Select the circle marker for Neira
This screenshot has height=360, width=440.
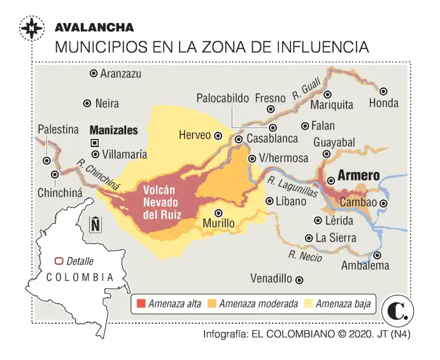point(87,103)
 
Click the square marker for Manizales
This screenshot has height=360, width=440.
point(95,143)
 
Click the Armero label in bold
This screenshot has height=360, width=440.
point(358,175)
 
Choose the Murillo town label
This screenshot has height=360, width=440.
point(218,224)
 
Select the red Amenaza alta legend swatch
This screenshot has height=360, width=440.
point(141,303)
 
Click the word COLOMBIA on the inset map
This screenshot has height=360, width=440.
point(80,277)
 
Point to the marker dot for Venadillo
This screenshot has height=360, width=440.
point(300,279)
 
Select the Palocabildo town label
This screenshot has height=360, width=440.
point(222,99)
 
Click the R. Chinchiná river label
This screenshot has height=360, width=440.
point(98,173)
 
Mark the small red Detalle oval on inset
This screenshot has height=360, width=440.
point(59,261)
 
